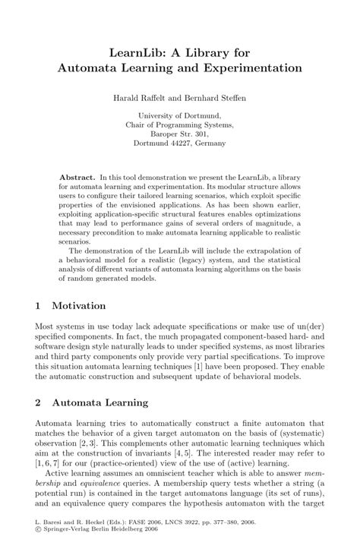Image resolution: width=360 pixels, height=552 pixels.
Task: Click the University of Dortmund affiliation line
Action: [180, 116]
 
